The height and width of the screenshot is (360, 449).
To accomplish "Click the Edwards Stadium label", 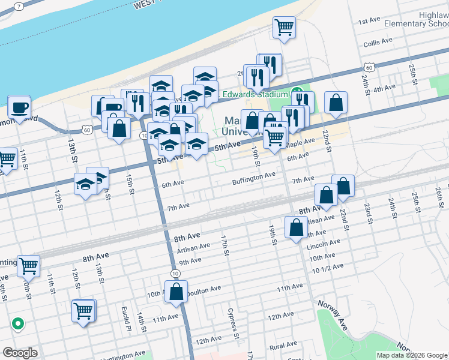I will tap(256, 94).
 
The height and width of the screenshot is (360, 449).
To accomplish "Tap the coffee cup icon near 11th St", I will tap(19, 107).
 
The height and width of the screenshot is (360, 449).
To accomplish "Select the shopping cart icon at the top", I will tap(284, 26).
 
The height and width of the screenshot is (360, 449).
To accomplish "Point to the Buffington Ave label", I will tap(254, 175).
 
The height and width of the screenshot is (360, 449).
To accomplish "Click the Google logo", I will tap(20, 353).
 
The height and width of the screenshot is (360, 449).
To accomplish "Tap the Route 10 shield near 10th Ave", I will tap(175, 273).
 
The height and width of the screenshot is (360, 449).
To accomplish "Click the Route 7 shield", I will tap(19, 6).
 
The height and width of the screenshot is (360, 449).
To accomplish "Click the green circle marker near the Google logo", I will tap(18, 324).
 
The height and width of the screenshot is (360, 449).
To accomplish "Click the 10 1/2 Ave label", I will tap(328, 267).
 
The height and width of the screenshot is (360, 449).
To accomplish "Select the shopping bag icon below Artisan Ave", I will tap(297, 228).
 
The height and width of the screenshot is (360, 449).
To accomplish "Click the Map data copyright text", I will tap(411, 355).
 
